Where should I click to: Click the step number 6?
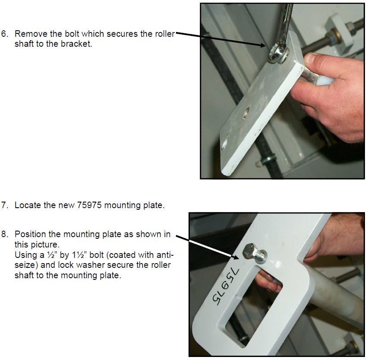(x=5, y=34)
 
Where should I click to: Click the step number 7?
(x=5, y=205)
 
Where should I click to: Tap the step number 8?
(x=5, y=234)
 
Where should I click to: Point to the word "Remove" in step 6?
(x=31, y=34)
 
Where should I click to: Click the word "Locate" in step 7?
(x=28, y=205)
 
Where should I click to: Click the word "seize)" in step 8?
(x=26, y=265)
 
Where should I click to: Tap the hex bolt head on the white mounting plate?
(x=250, y=251)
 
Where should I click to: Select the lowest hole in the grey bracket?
(x=225, y=144)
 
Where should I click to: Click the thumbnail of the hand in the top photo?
(x=312, y=58)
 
